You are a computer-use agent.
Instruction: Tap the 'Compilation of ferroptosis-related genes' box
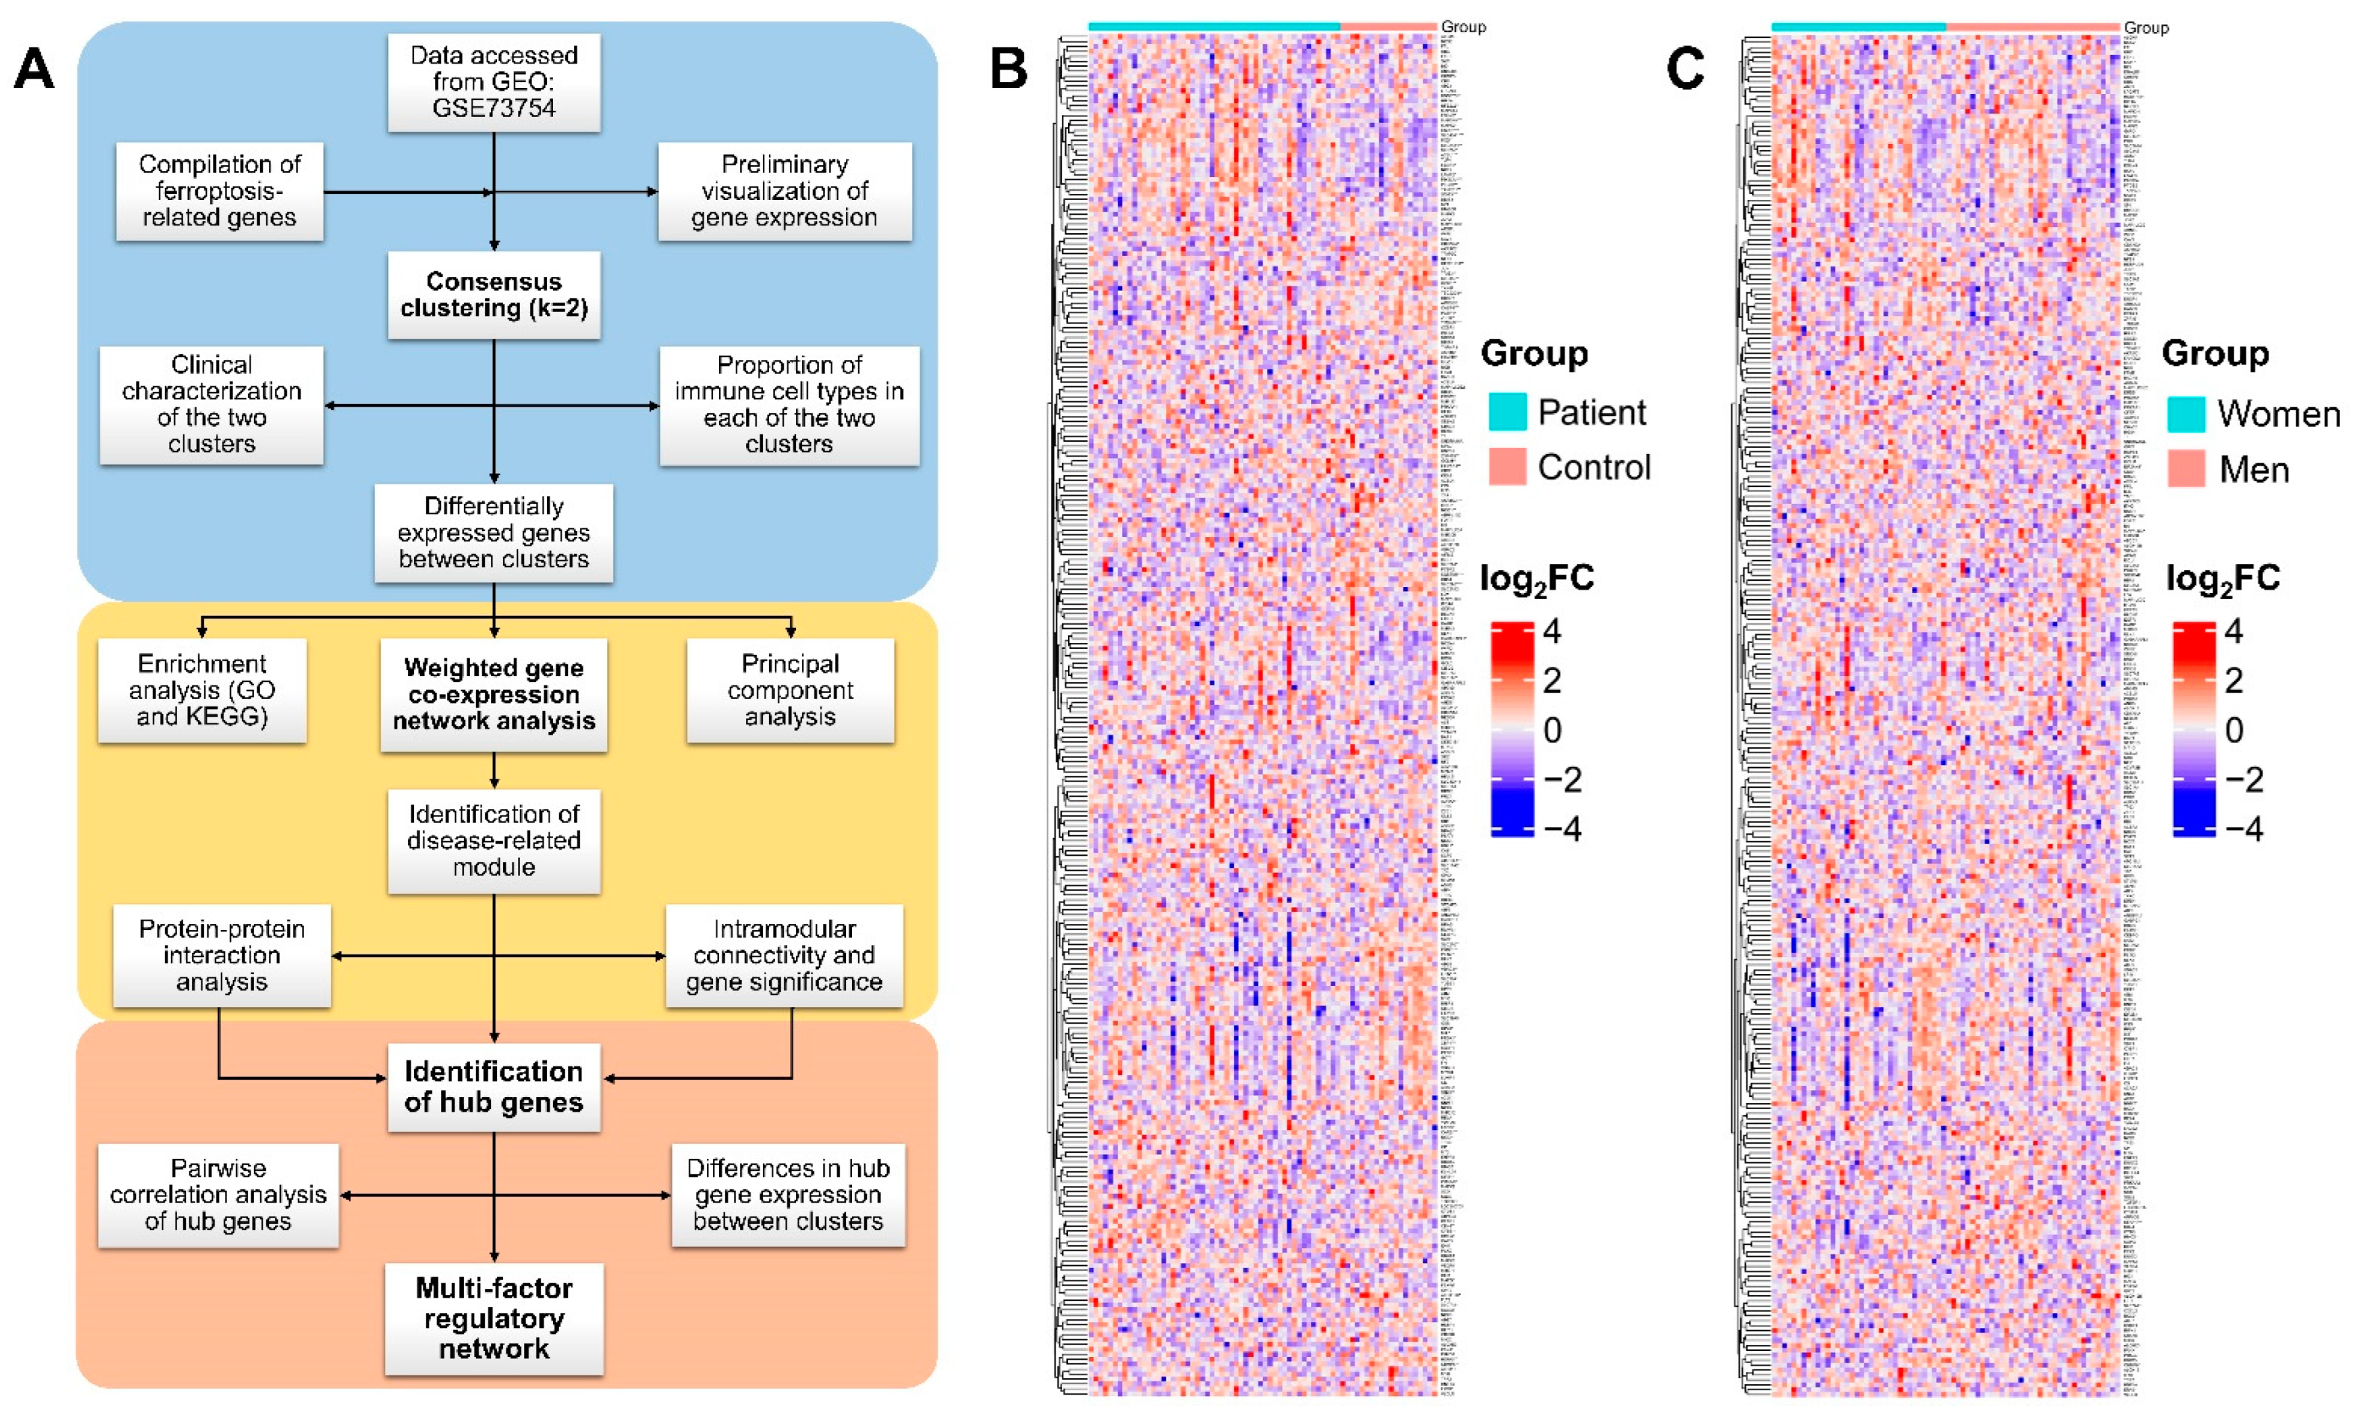219,191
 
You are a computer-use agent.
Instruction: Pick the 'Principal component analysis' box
789,690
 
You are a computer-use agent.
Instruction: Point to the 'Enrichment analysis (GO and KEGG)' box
202,690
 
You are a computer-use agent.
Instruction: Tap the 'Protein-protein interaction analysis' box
221,955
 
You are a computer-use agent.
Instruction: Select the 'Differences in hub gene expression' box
787,1195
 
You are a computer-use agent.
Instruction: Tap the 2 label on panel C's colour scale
2233,680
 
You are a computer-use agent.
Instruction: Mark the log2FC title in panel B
1535,579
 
